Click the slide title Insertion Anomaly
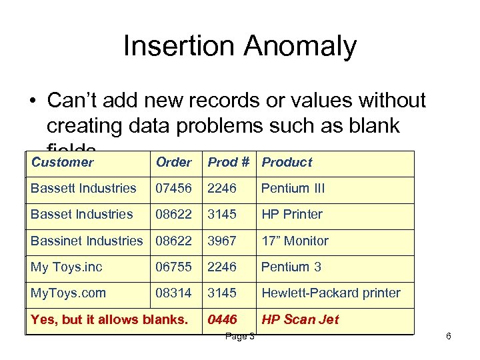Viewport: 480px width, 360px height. pyautogui.click(x=240, y=47)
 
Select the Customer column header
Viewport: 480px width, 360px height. pyautogui.click(x=63, y=162)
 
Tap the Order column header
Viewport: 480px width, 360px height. pyautogui.click(x=173, y=162)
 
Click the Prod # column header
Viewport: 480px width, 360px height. pyautogui.click(x=229, y=162)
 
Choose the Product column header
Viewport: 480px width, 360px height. pyautogui.click(x=287, y=162)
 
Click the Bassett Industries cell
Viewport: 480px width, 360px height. pyautogui.click(x=83, y=188)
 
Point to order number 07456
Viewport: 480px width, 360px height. pyautogui.click(x=173, y=188)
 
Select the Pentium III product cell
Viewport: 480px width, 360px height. pyautogui.click(x=293, y=188)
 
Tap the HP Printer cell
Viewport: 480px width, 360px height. pyautogui.click(x=291, y=214)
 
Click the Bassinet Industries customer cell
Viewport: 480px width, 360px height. pyautogui.click(x=87, y=241)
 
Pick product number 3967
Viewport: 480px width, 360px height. pyautogui.click(x=222, y=241)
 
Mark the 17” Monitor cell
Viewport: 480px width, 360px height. pyautogui.click(x=295, y=241)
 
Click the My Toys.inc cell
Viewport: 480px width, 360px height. pyautogui.click(x=67, y=267)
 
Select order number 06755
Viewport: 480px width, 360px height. pyautogui.click(x=173, y=267)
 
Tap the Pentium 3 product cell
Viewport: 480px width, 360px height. pyautogui.click(x=291, y=267)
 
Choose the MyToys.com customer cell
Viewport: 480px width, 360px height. pyautogui.click(x=68, y=293)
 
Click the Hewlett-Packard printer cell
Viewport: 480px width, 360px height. pyautogui.click(x=331, y=293)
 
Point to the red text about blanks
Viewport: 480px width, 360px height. pyautogui.click(x=109, y=319)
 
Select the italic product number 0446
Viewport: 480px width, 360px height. pyautogui.click(x=222, y=319)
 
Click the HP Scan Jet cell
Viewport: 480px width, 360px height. pyautogui.click(x=300, y=319)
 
